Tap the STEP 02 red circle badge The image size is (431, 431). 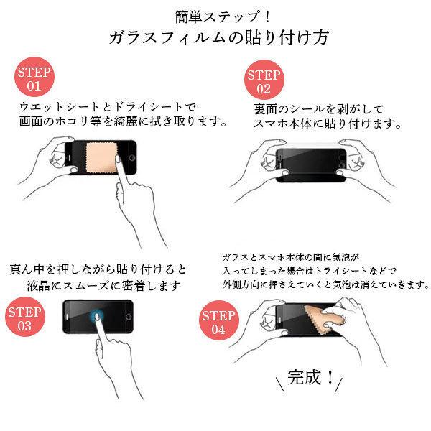[263, 82]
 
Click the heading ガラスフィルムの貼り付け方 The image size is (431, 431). [215, 38]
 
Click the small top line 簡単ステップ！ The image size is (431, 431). [215, 14]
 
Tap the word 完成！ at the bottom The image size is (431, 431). [310, 377]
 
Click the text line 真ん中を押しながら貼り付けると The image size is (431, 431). [98, 269]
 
